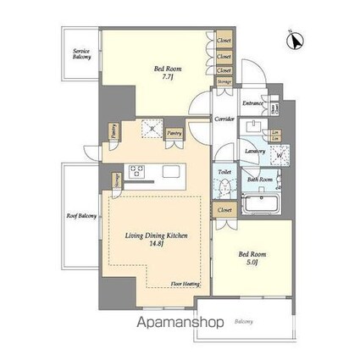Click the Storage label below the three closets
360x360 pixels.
coord(224,81)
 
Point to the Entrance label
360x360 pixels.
coord(252,104)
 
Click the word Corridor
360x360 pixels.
coord(224,119)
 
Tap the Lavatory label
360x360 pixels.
coord(255,151)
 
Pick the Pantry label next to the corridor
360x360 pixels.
coord(174,133)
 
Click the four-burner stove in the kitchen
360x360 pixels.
coord(137,171)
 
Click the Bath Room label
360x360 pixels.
coord(259,180)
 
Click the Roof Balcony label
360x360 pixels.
coord(80,216)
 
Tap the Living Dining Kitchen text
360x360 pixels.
coord(158,235)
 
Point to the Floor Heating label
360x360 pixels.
coord(186,284)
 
